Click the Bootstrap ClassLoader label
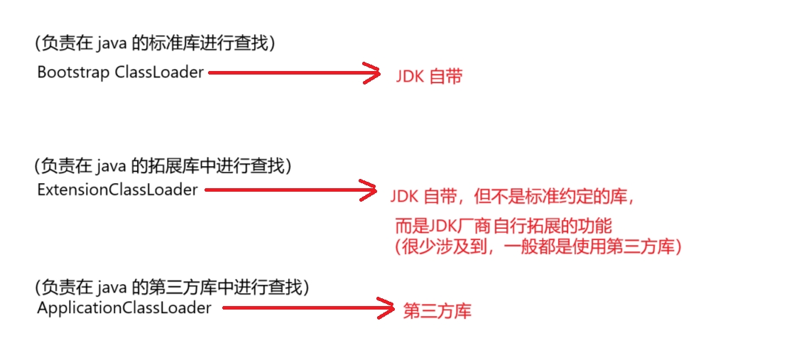tap(120, 72)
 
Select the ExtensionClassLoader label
tap(117, 190)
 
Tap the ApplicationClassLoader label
tap(124, 308)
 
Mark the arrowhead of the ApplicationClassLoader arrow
tap(386, 307)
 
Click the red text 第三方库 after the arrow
tap(437, 311)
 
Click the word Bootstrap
tap(73, 72)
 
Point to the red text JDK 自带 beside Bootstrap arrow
tap(429, 76)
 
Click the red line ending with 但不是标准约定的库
tap(511, 196)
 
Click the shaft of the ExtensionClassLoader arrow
tap(284, 190)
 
